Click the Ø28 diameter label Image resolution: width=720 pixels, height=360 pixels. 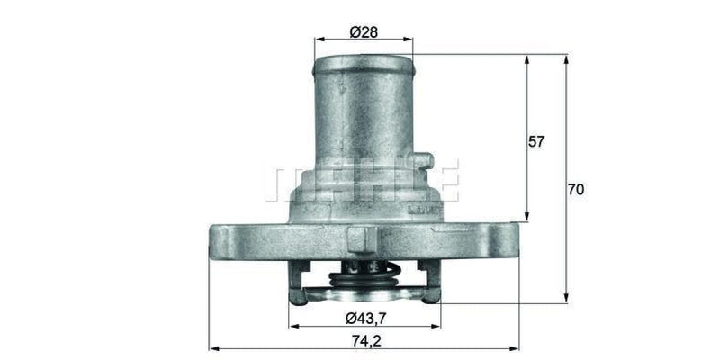pyautogui.click(x=363, y=32)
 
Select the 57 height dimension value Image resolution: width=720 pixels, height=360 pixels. pyautogui.click(x=536, y=142)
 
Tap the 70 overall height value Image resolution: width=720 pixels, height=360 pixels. pyautogui.click(x=576, y=189)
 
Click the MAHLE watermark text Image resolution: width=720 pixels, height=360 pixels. pyautogui.click(x=361, y=180)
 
